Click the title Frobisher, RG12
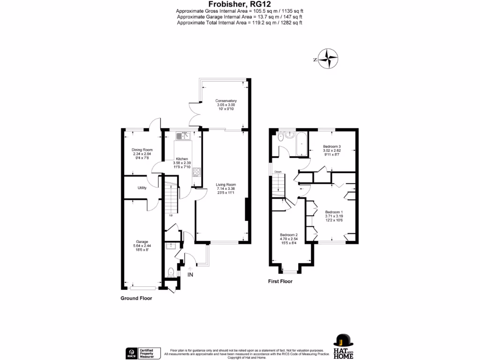240,4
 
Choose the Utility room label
142,188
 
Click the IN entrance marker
190,274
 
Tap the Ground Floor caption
136,298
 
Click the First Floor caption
280,282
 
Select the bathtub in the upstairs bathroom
300,143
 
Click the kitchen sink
181,136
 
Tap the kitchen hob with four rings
196,172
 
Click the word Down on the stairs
278,172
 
